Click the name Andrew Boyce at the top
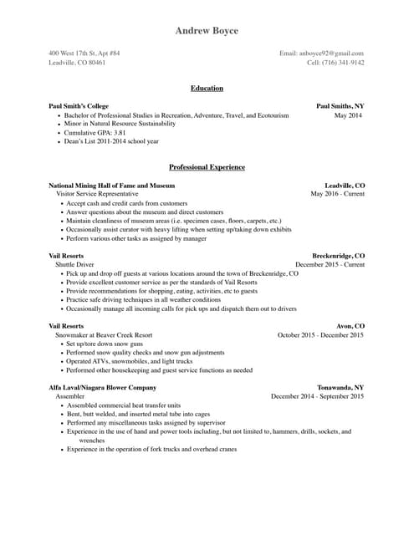[207, 31]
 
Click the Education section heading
[207, 88]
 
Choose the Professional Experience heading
[207, 167]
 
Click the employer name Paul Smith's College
[79, 107]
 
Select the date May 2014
[348, 115]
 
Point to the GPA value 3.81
[120, 133]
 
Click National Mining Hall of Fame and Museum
[111, 186]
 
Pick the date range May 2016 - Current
[337, 194]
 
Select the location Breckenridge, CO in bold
[338, 256]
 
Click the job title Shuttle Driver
[74, 264]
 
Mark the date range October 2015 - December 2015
[320, 335]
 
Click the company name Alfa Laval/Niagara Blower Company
[102, 388]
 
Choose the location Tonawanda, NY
[340, 388]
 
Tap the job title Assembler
[70, 396]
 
